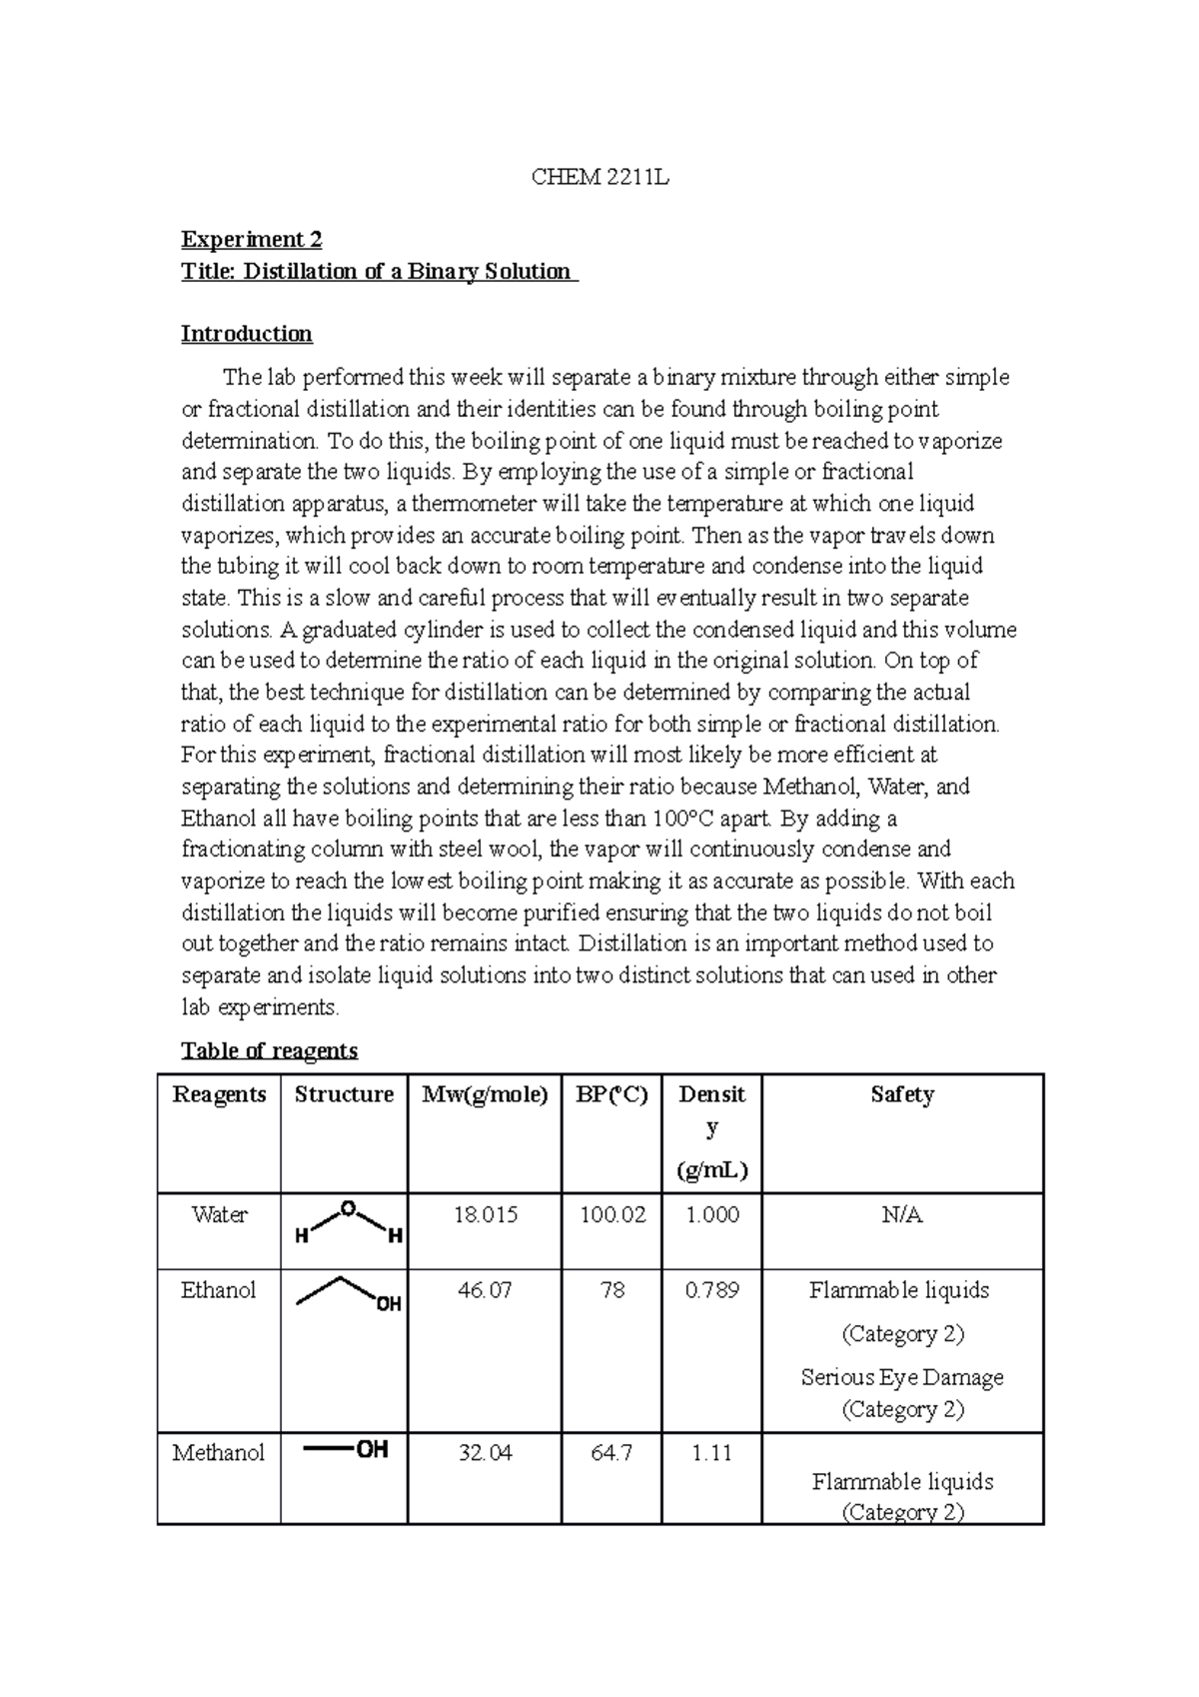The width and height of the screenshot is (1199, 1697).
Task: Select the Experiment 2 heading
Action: tap(251, 240)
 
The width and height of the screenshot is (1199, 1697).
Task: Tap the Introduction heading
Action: tap(246, 334)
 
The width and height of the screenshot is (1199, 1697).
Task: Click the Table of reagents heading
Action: tap(269, 1050)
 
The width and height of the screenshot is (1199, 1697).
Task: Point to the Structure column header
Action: tap(344, 1094)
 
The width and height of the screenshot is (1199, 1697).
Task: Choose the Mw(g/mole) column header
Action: tap(485, 1094)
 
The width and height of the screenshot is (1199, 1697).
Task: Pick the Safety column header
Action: tap(901, 1094)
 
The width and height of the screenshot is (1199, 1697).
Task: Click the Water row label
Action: tap(219, 1215)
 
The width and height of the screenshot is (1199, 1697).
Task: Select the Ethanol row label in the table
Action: tap(218, 1290)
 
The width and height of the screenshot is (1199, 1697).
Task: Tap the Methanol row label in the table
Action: tap(219, 1453)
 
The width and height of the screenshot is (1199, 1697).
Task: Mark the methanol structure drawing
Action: tap(345, 1450)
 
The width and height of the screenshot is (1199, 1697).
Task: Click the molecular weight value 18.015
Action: tap(485, 1215)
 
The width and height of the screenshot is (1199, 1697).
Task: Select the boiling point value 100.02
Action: tap(611, 1215)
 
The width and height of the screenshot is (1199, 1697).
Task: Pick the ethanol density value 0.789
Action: tap(711, 1290)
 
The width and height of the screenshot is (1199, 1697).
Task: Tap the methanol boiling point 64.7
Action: tap(611, 1453)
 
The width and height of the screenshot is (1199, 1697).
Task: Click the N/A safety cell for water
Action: tap(901, 1215)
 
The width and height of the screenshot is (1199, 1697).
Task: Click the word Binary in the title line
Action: tap(431, 272)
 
